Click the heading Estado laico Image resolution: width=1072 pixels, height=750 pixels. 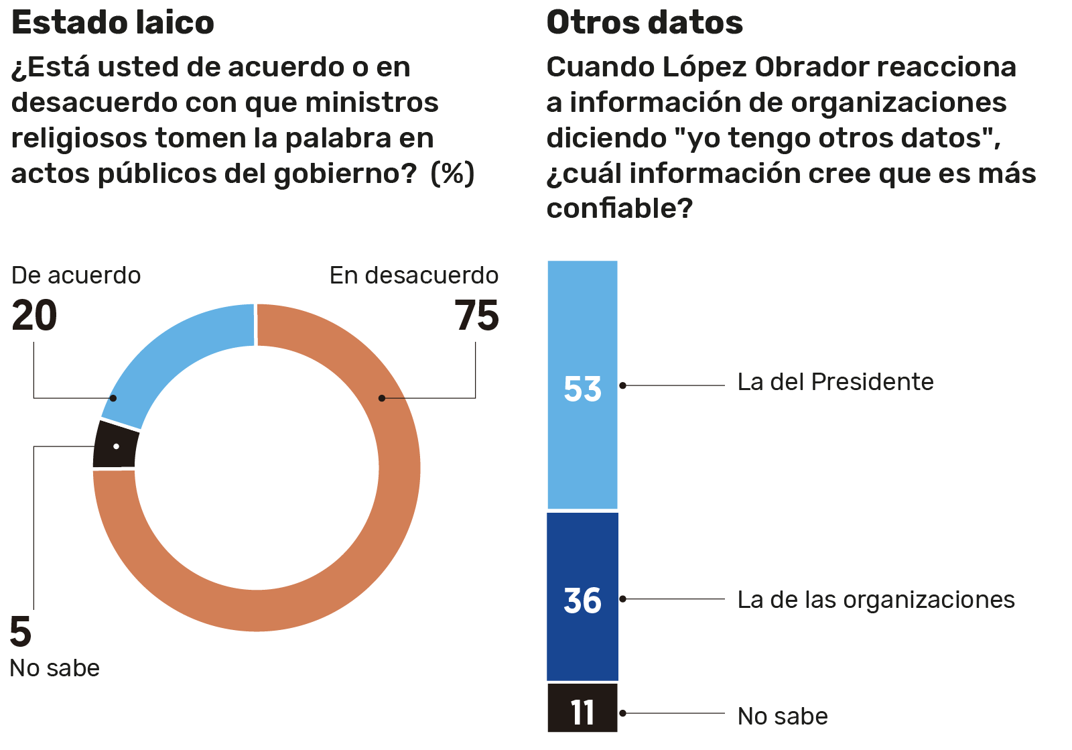coord(113,23)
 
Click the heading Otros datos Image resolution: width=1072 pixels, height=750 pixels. coord(645,23)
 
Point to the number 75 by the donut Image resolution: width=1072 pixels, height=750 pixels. coord(476,316)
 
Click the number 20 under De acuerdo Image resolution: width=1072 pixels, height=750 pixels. coord(34,316)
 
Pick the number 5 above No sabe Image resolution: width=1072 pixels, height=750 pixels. coord(21,632)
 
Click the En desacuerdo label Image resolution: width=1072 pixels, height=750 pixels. coord(413,275)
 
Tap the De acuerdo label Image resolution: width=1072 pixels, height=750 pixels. coord(76,275)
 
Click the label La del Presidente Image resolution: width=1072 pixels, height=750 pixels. coord(835,382)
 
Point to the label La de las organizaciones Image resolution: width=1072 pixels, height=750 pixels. coord(876,600)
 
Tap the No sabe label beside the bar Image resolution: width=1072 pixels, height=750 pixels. coord(782,716)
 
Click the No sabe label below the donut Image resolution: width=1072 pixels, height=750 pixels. coord(54,668)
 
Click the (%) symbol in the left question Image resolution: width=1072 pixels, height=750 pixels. coord(452,174)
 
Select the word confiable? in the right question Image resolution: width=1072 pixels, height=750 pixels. coord(619,208)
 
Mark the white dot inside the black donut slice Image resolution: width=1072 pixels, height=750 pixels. coord(117,446)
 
